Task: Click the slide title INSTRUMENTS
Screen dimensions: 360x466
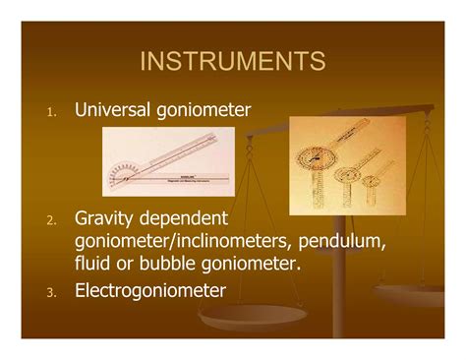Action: coord(233,62)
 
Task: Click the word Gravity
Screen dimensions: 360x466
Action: coord(105,217)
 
